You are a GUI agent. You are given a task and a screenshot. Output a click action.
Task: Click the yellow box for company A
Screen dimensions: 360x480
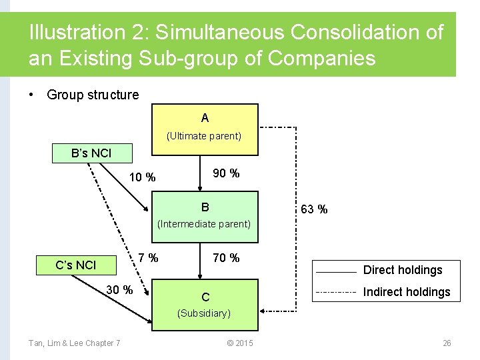(205, 127)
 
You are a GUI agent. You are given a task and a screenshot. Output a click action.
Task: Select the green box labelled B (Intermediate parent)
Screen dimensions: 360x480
(205, 215)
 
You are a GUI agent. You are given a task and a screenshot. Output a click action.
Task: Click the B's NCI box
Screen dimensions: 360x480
(92, 153)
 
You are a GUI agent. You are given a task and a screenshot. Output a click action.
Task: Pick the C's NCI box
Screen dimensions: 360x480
(76, 265)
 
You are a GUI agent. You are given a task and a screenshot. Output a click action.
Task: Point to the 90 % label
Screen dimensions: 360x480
(226, 173)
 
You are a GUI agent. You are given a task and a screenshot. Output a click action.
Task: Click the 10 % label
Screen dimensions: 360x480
(142, 177)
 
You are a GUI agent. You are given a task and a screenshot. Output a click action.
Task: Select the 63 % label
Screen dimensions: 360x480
(314, 209)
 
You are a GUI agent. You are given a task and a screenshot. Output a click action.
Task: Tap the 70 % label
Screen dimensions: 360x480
(226, 258)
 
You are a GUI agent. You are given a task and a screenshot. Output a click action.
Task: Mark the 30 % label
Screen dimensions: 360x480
(120, 290)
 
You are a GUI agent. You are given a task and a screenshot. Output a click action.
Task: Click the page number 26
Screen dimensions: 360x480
(447, 343)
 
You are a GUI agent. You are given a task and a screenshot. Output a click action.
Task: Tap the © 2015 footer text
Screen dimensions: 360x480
(240, 343)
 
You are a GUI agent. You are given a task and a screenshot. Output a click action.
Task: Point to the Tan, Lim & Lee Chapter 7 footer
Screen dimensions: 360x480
(74, 343)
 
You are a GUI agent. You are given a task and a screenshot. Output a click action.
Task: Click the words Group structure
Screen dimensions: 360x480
(93, 95)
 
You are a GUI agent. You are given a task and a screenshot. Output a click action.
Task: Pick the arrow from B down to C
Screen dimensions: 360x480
(199, 260)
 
